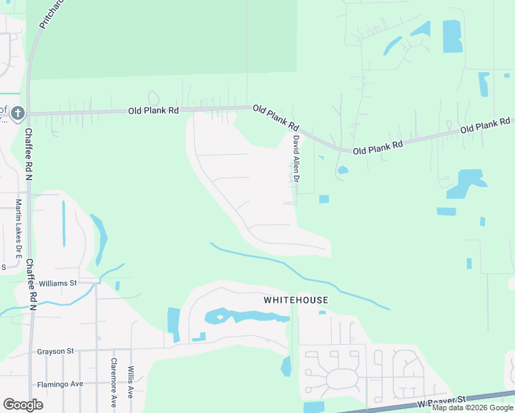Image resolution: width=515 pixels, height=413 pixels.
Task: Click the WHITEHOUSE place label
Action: [296, 300]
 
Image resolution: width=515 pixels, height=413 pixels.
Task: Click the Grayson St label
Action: [56, 351]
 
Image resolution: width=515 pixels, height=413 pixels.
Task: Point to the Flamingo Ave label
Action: [60, 384]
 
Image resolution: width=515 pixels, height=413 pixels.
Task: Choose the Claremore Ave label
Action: [114, 382]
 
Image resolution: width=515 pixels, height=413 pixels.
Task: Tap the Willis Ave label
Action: [130, 382]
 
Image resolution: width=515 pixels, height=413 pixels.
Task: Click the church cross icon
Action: [18, 113]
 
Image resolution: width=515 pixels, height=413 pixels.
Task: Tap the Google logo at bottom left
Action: [23, 405]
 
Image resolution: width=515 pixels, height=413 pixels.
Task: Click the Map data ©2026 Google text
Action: [472, 407]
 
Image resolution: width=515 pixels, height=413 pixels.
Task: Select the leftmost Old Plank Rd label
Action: [154, 110]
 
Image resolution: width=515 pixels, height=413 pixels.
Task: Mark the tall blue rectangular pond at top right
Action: [452, 36]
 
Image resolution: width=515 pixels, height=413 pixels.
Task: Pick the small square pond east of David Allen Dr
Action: [324, 199]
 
